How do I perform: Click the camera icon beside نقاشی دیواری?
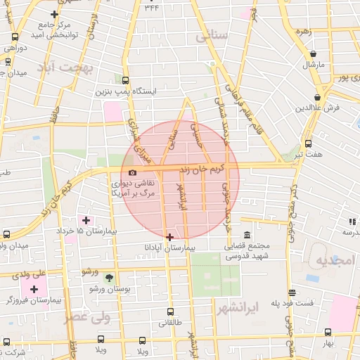[132, 172]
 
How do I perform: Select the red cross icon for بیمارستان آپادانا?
[169, 237]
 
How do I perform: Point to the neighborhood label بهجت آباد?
[86, 68]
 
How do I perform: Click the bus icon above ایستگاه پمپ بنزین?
[125, 80]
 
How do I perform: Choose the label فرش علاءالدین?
[317, 108]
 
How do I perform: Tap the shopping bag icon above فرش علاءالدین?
[318, 97]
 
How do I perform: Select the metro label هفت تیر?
[308, 153]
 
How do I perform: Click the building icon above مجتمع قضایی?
[247, 236]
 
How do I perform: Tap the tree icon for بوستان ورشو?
[108, 277]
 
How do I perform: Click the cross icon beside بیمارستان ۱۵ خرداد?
[86, 220]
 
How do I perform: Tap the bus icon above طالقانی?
[171, 311]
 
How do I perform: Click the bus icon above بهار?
[327, 333]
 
